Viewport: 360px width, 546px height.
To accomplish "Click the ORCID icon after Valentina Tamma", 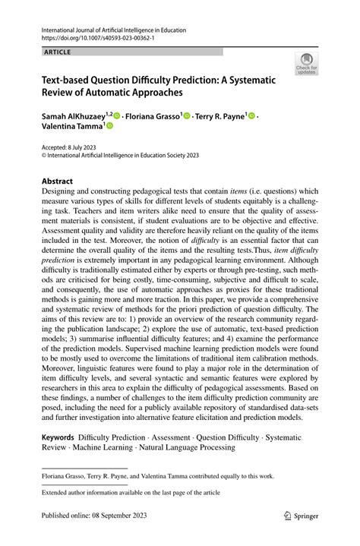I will (88, 128).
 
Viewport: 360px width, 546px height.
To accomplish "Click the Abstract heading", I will (57, 181).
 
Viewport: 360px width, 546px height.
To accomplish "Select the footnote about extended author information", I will (124, 493).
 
